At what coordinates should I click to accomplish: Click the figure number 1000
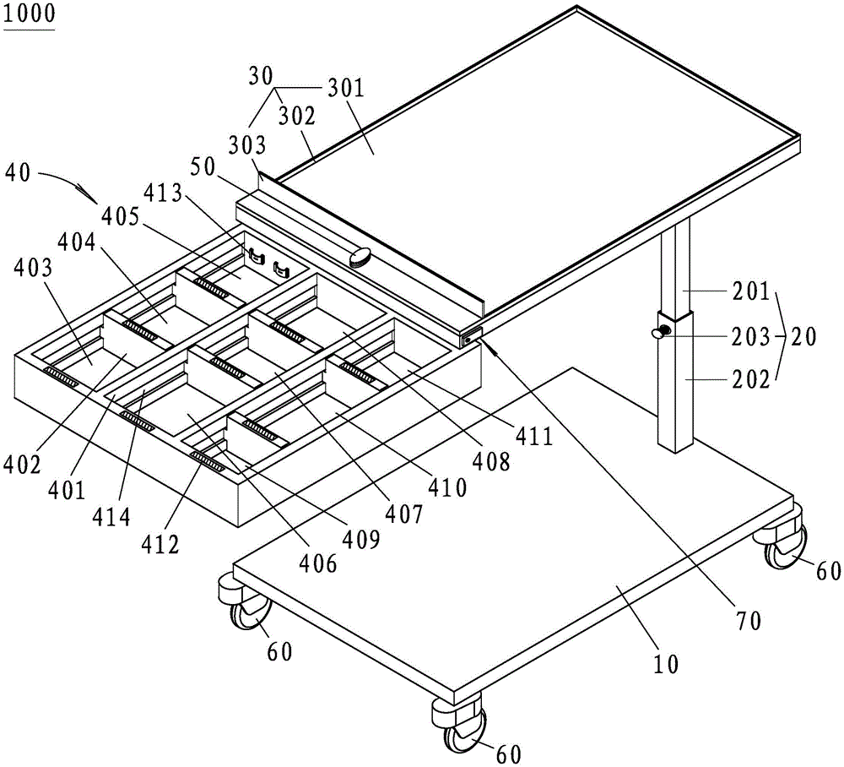pos(29,13)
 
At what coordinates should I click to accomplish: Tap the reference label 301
pos(345,87)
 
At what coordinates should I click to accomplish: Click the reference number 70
pos(748,621)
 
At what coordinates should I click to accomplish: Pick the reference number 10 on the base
pos(666,664)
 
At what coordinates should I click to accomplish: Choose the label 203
pos(751,337)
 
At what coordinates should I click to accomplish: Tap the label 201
pos(751,291)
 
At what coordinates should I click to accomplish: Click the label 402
pos(22,465)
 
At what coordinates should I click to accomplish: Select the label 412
pos(160,545)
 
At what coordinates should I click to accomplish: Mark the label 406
pos(318,563)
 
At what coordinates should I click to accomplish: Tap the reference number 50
pos(202,168)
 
